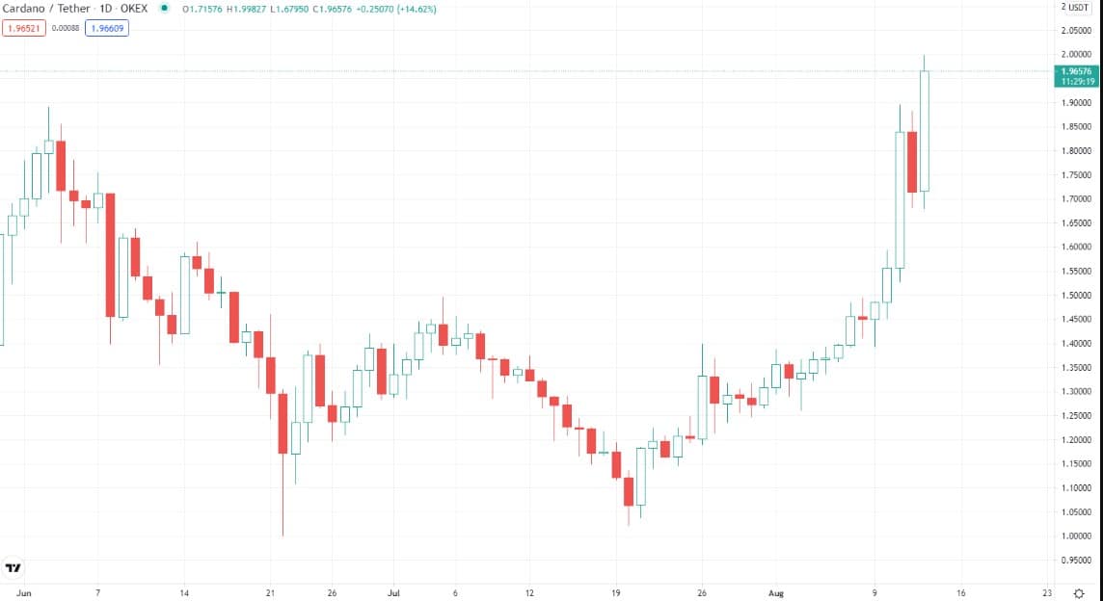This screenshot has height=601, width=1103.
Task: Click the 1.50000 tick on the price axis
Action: (x=1076, y=295)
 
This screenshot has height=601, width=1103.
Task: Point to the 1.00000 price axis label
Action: (x=1076, y=536)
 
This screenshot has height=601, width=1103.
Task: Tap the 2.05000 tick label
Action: (x=1076, y=30)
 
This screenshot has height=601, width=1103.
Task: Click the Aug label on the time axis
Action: (x=777, y=593)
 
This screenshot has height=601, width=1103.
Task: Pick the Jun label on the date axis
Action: (x=24, y=593)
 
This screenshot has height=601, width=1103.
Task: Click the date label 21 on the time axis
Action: (x=271, y=593)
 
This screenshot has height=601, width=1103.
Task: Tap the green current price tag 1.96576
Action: (x=1076, y=71)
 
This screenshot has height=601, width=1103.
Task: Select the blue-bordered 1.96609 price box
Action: (x=106, y=29)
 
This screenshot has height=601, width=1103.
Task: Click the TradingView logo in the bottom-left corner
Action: (x=13, y=568)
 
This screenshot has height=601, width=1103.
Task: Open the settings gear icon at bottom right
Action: (x=1079, y=593)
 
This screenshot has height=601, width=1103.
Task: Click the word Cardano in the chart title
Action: (x=26, y=9)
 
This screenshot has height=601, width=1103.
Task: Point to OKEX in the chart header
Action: (x=133, y=9)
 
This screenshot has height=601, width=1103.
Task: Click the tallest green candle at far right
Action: (x=924, y=131)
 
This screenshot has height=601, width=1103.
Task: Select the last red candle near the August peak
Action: (x=912, y=162)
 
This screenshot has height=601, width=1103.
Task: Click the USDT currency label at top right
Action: (x=1081, y=8)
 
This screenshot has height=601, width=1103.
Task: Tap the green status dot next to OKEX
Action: (x=164, y=9)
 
